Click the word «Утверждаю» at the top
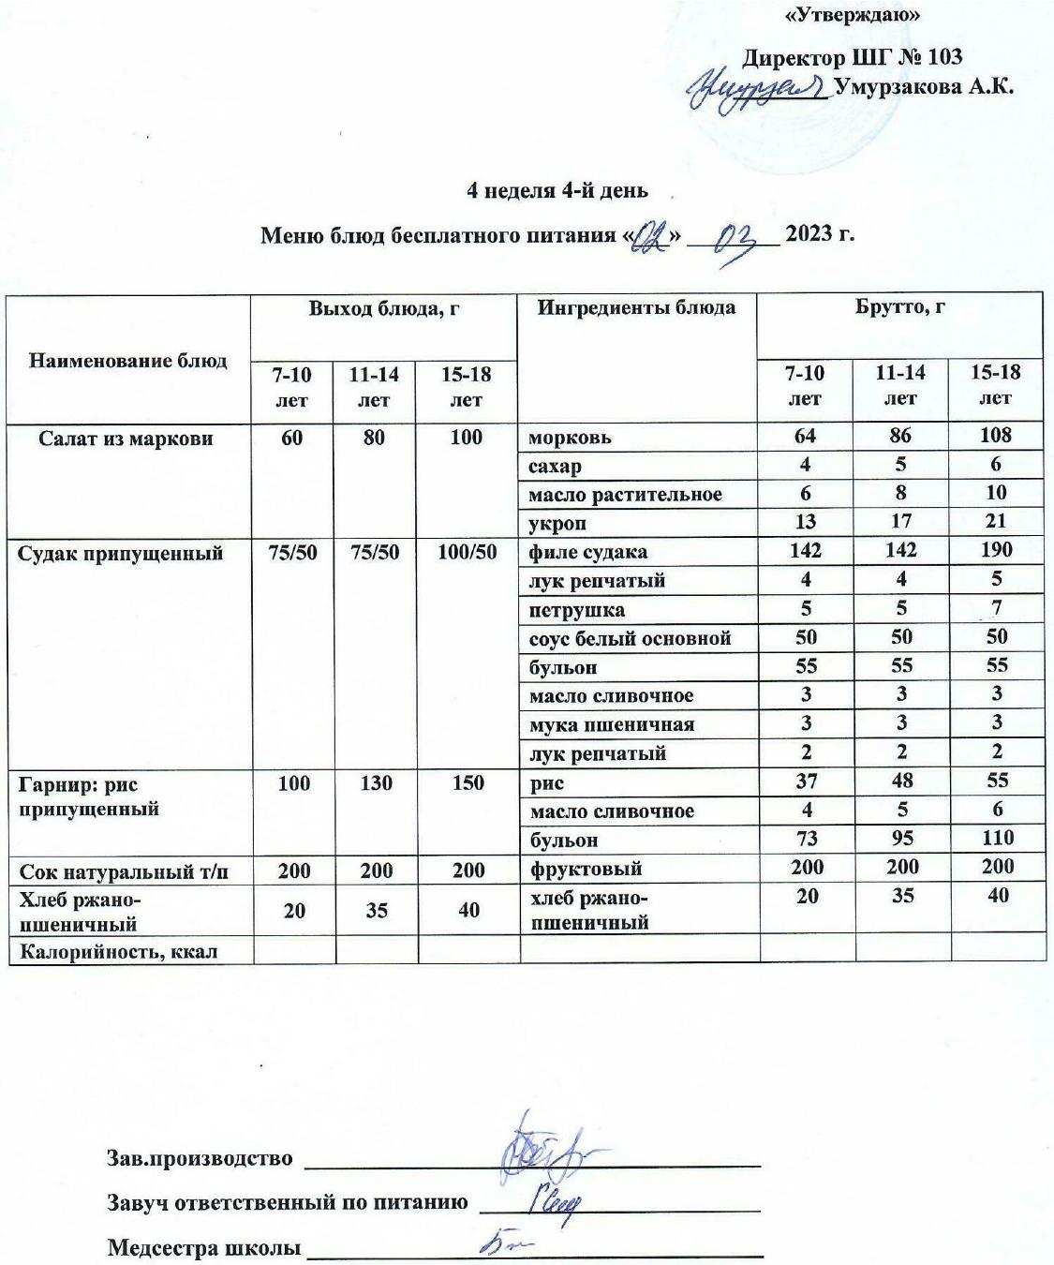(x=851, y=15)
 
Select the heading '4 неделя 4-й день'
(x=557, y=190)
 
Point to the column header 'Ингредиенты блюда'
(x=635, y=307)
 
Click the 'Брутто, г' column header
(x=899, y=307)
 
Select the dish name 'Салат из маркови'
(x=126, y=438)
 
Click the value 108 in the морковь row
(x=995, y=436)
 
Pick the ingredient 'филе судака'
(x=587, y=552)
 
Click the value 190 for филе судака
(x=995, y=550)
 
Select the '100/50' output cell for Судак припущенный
(x=467, y=552)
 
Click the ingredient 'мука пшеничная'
(x=612, y=724)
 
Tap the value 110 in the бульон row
(x=997, y=839)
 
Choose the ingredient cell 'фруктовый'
(x=586, y=869)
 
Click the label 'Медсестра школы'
(x=204, y=1248)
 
